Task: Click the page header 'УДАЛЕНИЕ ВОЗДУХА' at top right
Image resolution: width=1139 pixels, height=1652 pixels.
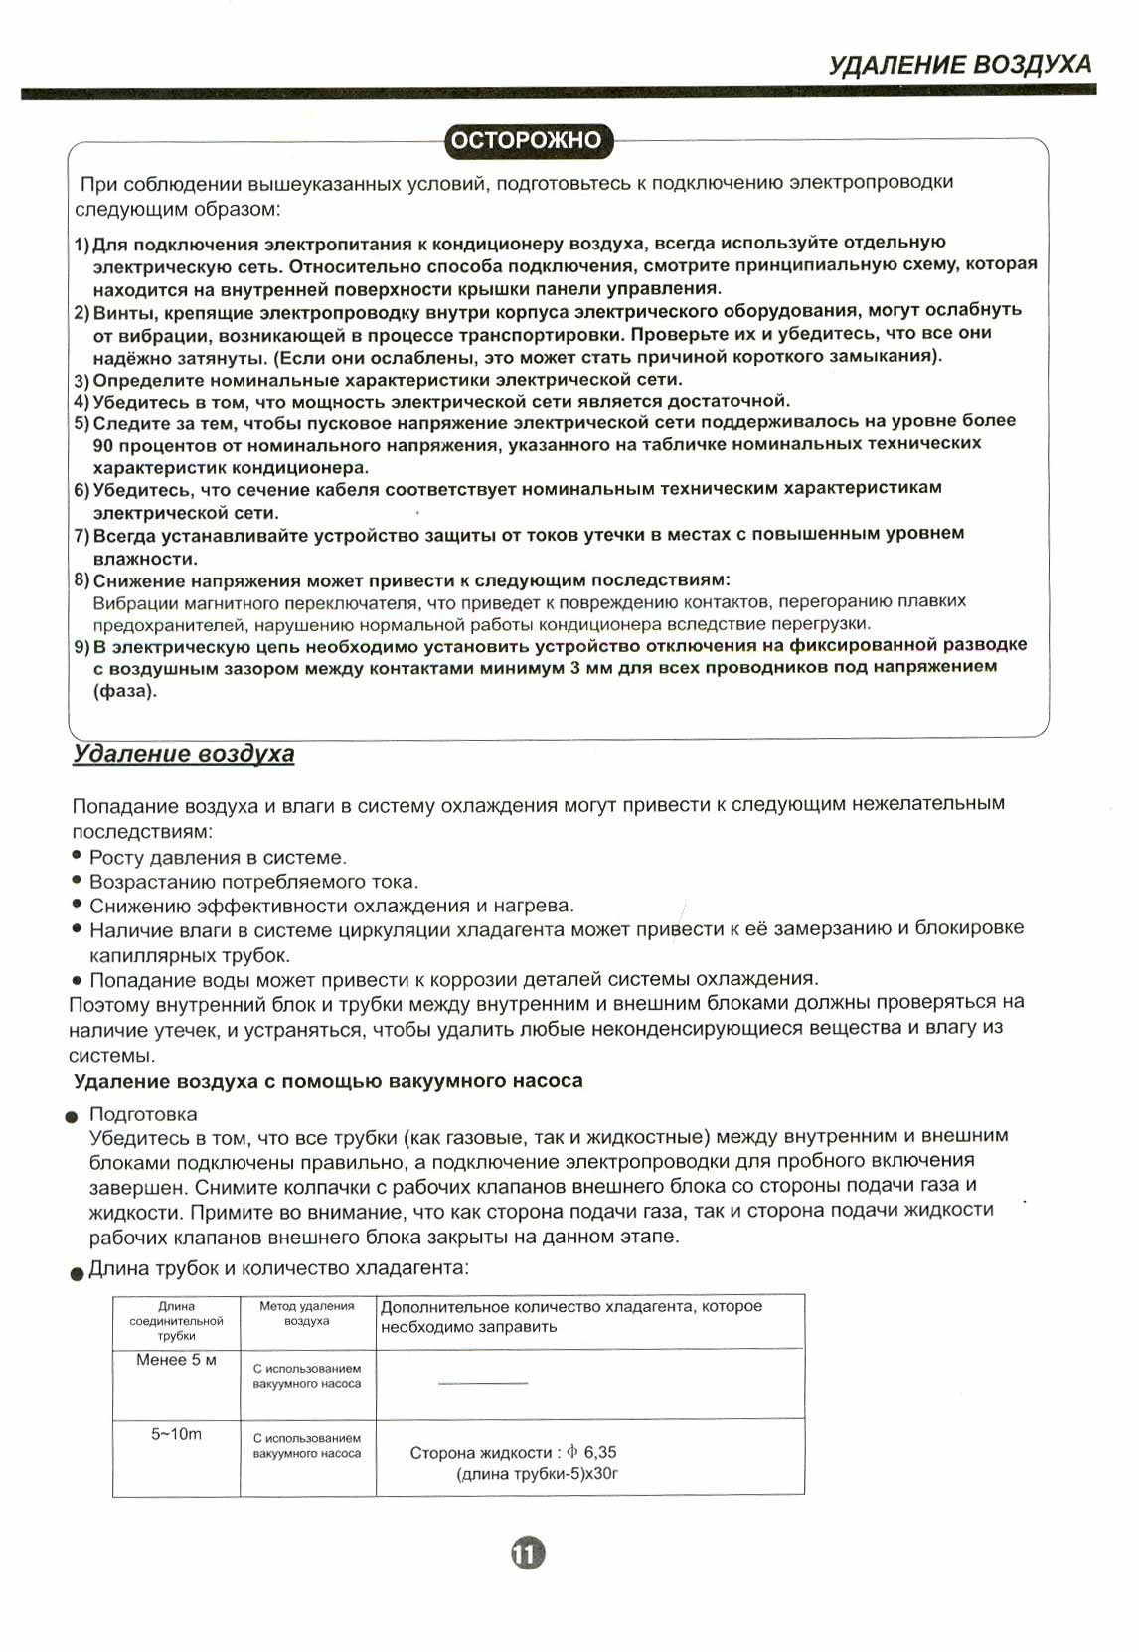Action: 959,65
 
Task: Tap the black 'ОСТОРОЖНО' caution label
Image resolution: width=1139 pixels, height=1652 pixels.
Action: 526,140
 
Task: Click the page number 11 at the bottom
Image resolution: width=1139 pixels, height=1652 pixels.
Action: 528,1553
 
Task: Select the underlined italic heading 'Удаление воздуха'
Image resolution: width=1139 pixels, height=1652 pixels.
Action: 184,754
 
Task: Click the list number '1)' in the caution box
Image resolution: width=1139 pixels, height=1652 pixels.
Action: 81,245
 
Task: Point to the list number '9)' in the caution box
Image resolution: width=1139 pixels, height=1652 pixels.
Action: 81,646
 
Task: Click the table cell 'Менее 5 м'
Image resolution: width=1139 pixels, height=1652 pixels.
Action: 176,1360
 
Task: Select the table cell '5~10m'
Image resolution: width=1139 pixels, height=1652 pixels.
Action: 176,1434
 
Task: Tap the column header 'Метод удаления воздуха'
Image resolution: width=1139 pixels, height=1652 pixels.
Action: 306,1313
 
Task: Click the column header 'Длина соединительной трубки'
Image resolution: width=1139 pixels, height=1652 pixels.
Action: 176,1321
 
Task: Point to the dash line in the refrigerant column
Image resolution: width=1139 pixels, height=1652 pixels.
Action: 482,1383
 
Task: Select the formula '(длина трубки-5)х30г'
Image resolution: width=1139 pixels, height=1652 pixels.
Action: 537,1474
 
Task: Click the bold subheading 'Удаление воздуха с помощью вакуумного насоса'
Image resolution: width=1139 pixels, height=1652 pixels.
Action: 328,1081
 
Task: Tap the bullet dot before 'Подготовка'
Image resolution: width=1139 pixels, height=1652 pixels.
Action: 71,1117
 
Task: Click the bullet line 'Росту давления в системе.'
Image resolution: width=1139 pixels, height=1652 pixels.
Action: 218,857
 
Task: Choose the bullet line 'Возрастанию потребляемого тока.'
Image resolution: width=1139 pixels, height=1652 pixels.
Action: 253,882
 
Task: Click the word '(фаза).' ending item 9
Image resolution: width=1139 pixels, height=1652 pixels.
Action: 125,691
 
